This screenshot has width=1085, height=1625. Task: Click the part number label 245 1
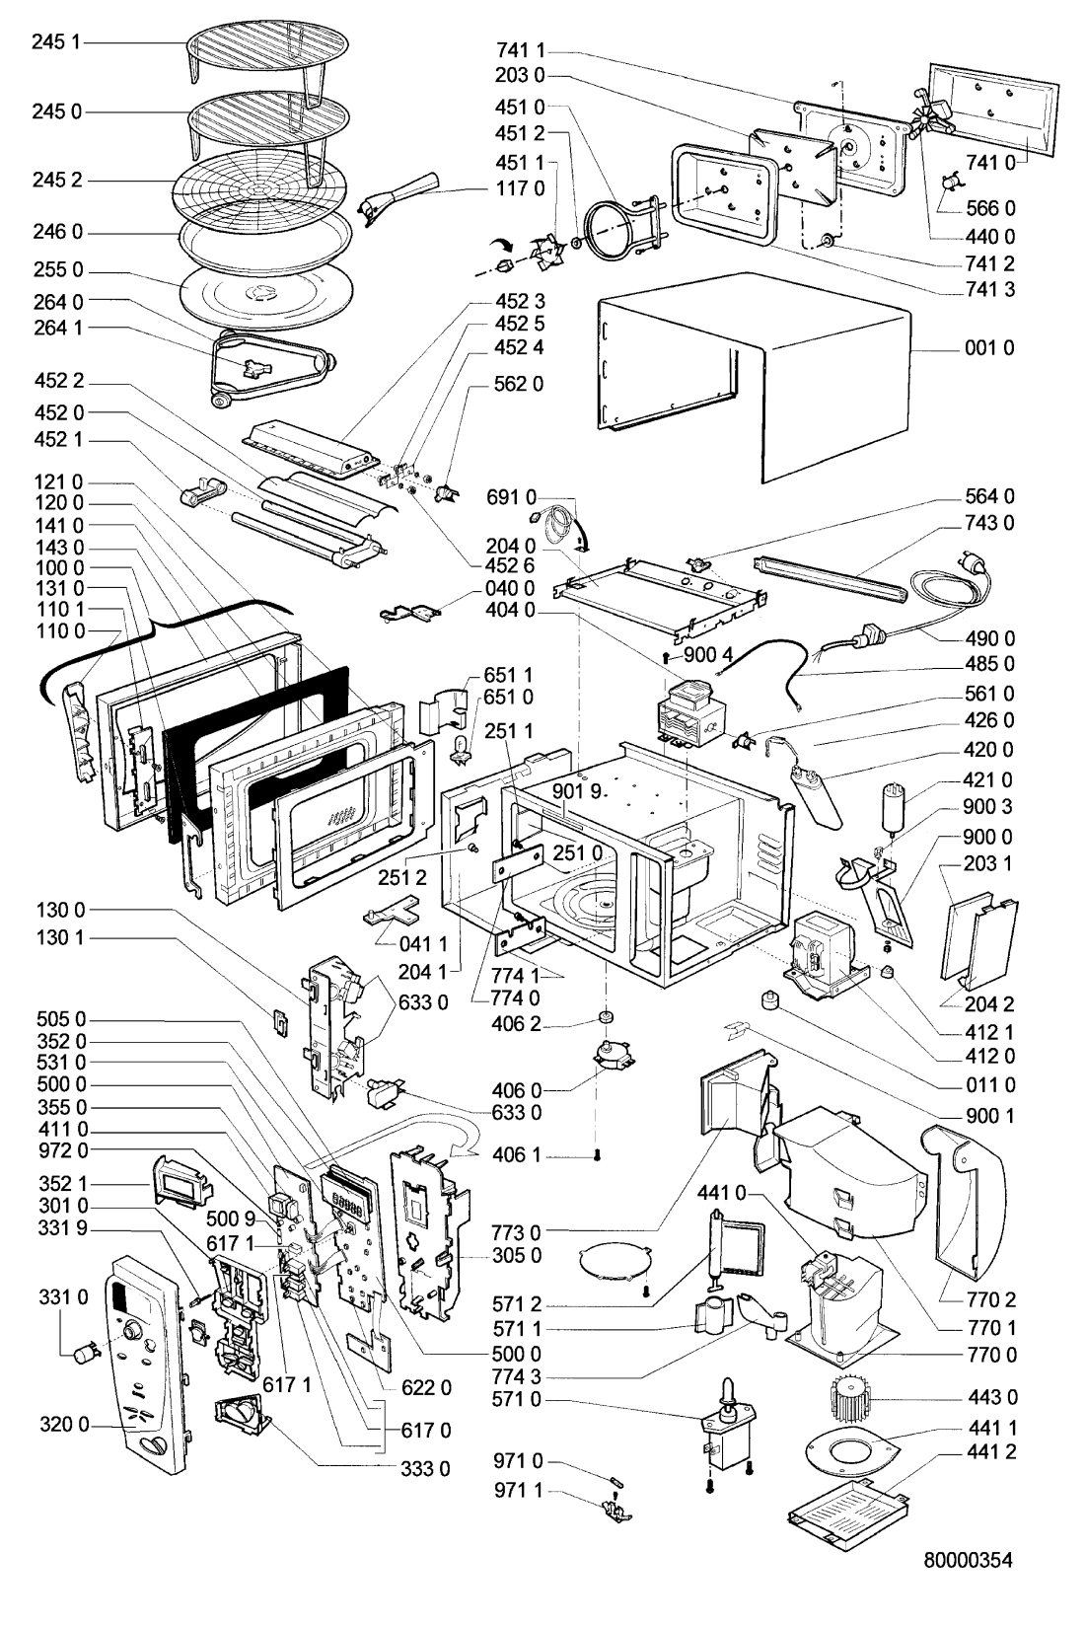pyautogui.click(x=56, y=42)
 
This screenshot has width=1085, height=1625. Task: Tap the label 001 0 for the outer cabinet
pyautogui.click(x=989, y=348)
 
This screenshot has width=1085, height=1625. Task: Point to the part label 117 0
pyautogui.click(x=518, y=187)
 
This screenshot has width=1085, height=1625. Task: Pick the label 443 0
pyautogui.click(x=989, y=1397)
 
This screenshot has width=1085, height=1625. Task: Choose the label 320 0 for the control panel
pyautogui.click(x=64, y=1425)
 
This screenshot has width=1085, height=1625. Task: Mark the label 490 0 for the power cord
pyautogui.click(x=989, y=638)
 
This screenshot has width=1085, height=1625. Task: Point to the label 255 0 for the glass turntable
pyautogui.click(x=56, y=271)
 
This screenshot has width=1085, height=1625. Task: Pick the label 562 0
pyautogui.click(x=518, y=383)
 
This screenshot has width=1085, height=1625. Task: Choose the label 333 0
pyautogui.click(x=425, y=1468)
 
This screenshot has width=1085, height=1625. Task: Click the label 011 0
pyautogui.click(x=989, y=1085)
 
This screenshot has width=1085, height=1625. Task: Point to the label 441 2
pyautogui.click(x=989, y=1451)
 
